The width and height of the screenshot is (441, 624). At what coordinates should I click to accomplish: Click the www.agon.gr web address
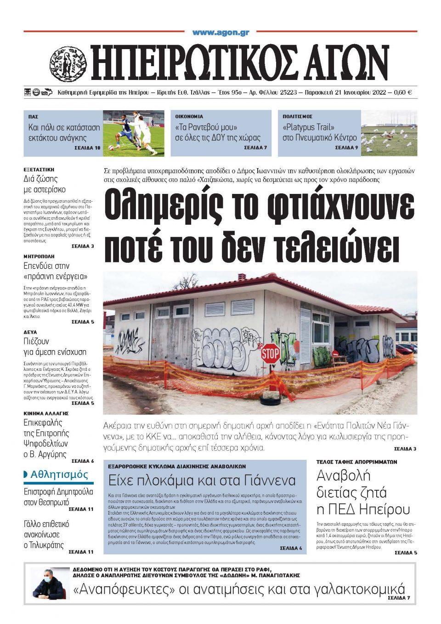[220, 33]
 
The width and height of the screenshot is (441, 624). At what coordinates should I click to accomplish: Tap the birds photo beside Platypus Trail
[389, 133]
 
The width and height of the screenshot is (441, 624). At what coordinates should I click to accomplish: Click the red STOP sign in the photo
[270, 354]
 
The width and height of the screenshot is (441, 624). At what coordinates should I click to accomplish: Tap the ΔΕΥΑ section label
[30, 332]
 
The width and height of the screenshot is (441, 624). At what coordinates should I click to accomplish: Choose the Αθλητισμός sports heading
[59, 474]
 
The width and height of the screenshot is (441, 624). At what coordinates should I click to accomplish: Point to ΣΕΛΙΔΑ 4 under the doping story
[291, 548]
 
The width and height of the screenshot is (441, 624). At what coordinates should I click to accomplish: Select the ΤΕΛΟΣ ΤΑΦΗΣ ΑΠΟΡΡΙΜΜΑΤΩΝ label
[356, 462]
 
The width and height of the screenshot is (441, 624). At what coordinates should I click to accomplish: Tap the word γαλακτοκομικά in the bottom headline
[360, 589]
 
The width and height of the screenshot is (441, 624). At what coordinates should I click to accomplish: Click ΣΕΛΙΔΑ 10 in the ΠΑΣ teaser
[87, 148]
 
